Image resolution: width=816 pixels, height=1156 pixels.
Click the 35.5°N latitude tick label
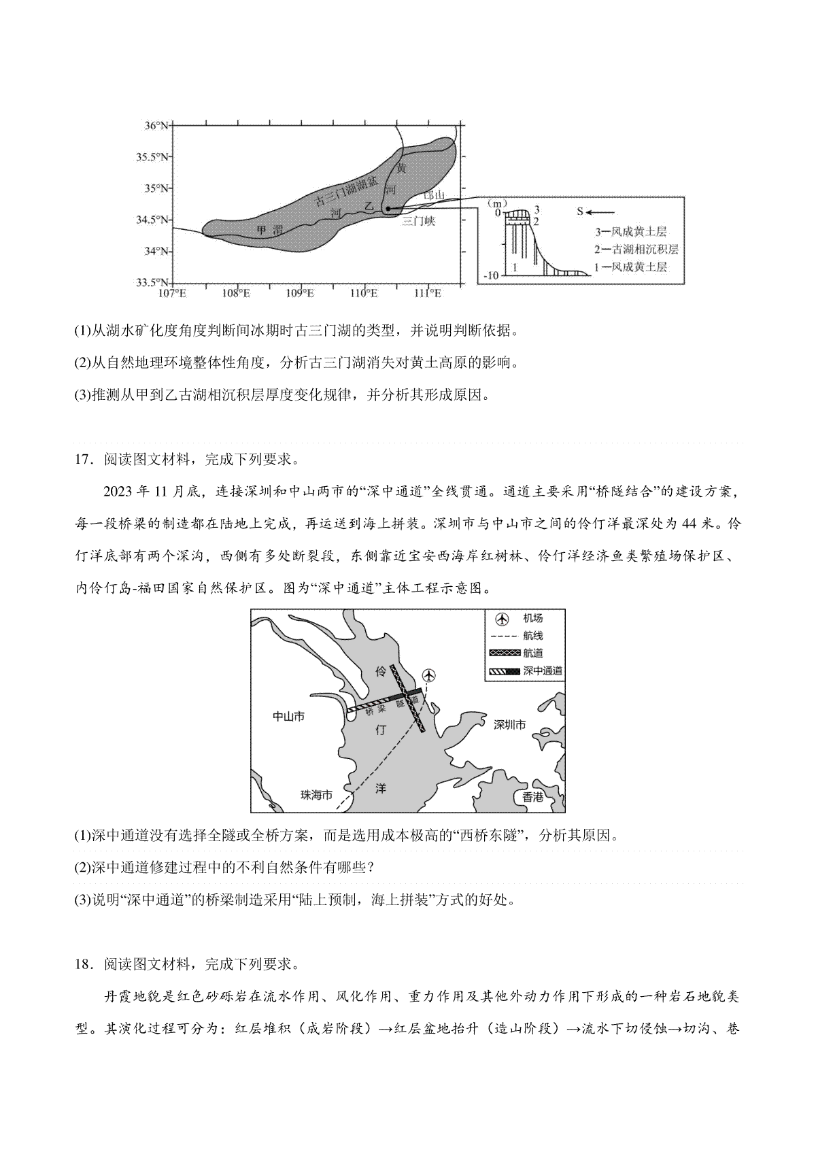tap(152, 157)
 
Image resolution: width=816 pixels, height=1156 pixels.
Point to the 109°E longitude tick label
tap(300, 293)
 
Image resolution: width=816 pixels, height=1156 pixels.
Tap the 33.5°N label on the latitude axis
tap(152, 282)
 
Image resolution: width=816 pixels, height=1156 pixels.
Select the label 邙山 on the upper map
tap(433, 195)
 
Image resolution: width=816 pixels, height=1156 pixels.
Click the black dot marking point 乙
tap(388, 209)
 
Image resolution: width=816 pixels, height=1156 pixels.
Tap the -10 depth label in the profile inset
tap(490, 275)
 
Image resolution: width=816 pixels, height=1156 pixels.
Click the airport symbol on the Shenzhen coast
tap(429, 675)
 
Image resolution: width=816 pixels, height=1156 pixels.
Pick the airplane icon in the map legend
tap(502, 619)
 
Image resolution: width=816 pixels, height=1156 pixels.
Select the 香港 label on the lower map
tap(533, 797)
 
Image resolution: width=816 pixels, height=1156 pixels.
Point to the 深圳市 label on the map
tap(509, 725)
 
